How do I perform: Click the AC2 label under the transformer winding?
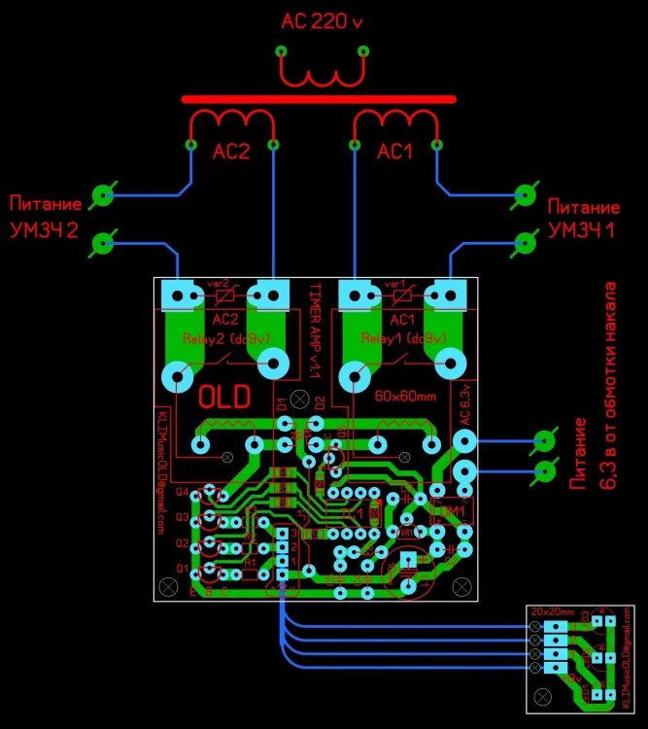click(231, 152)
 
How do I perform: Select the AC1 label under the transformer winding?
click(395, 152)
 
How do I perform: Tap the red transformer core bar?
click(319, 99)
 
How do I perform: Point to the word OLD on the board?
click(223, 397)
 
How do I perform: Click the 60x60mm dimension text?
click(406, 398)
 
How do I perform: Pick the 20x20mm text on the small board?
click(553, 610)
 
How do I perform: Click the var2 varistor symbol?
click(224, 293)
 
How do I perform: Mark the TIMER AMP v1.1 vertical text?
click(314, 326)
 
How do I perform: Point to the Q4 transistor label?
click(182, 492)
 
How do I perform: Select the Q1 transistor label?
click(182, 568)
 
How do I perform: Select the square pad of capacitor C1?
click(409, 560)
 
